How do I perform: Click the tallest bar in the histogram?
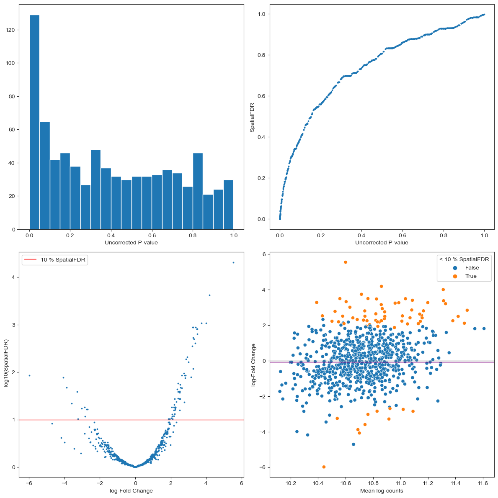(34, 121)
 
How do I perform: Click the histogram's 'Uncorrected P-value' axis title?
(131, 243)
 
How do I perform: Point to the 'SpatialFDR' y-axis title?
(252, 117)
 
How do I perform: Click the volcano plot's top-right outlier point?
(233, 262)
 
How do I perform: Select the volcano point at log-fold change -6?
(29, 375)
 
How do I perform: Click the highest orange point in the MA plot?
(346, 262)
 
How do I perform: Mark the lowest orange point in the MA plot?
(324, 467)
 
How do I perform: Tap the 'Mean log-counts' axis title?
(382, 490)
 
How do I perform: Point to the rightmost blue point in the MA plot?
(484, 329)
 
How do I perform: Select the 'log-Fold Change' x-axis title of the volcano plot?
(131, 490)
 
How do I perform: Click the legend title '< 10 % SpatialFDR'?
(464, 259)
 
